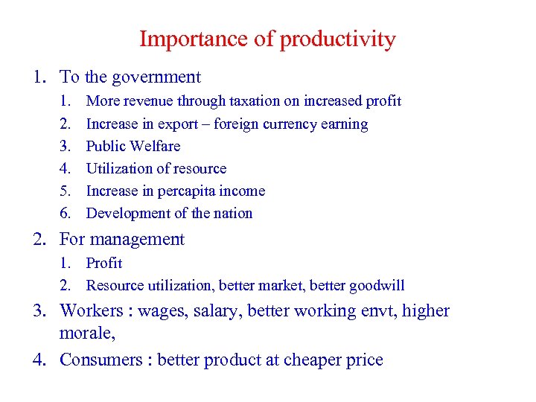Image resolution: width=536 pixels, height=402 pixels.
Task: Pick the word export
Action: (186, 124)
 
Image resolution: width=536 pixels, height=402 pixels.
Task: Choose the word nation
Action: (234, 213)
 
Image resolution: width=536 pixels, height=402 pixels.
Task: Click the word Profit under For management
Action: (104, 263)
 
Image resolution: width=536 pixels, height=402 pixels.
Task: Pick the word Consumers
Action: (102, 360)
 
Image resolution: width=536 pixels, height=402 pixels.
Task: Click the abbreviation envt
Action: (377, 311)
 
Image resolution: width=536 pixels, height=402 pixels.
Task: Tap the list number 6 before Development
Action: (66, 214)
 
